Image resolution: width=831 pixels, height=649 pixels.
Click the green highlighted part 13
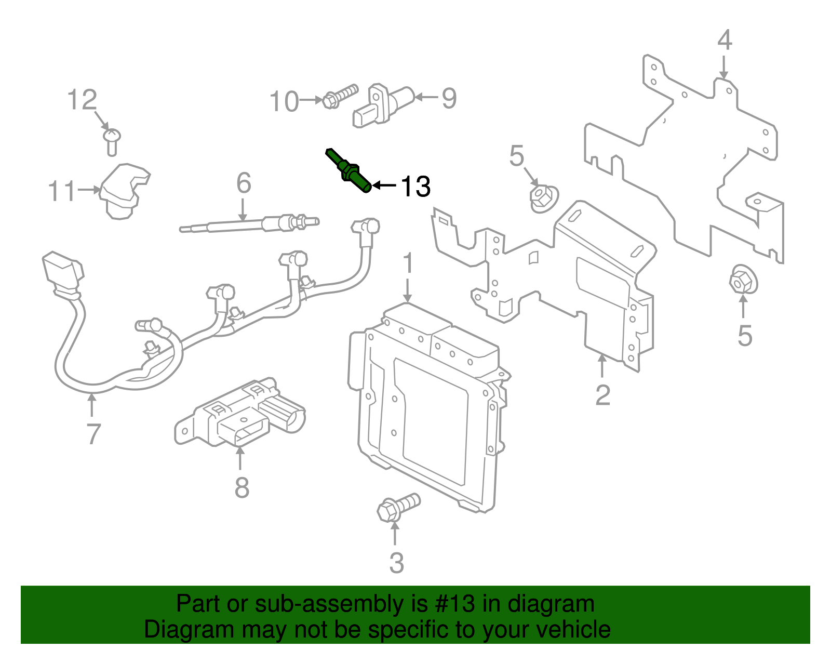pos(350,171)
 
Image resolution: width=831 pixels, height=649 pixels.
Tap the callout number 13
pos(415,187)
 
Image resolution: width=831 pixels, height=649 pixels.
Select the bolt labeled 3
pos(396,507)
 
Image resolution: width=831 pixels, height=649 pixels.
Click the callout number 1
pos(408,264)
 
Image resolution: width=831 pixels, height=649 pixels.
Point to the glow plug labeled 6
pos(249,225)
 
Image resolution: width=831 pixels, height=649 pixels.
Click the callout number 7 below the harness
pos(92,434)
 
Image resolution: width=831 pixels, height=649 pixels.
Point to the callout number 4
pos(725,41)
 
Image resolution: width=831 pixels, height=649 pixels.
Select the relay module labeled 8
pos(239,416)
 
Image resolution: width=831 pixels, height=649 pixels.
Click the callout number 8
pos(242,488)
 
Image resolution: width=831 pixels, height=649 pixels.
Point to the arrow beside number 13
pos(384,185)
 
